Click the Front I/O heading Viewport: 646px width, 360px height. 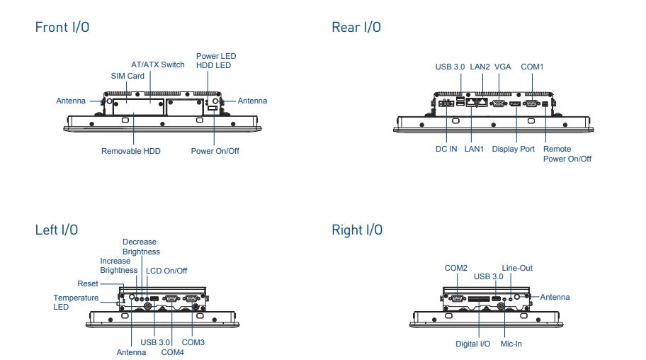tap(62, 27)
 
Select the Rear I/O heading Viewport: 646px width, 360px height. tap(356, 27)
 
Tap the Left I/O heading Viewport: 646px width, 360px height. tap(57, 230)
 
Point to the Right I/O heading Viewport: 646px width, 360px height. tap(357, 230)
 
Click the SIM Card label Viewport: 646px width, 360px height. tap(127, 76)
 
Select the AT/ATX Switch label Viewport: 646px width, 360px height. tap(158, 64)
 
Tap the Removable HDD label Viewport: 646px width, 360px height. tap(130, 151)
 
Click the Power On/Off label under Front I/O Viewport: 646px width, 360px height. tap(215, 151)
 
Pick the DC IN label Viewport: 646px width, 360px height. tap(446, 149)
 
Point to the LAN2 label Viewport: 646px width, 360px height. tap(480, 67)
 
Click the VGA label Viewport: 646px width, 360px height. tap(503, 67)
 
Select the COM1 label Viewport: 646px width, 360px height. tap(532, 67)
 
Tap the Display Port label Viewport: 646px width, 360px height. tap(514, 149)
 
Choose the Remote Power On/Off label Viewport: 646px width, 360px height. tap(567, 154)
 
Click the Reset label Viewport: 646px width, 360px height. tap(88, 283)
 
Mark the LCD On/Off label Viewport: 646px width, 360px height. tap(166, 271)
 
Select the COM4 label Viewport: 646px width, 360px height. tap(173, 352)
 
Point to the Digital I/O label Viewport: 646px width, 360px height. tap(473, 344)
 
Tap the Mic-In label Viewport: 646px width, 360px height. tap(511, 344)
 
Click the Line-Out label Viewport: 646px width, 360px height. tap(517, 268)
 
